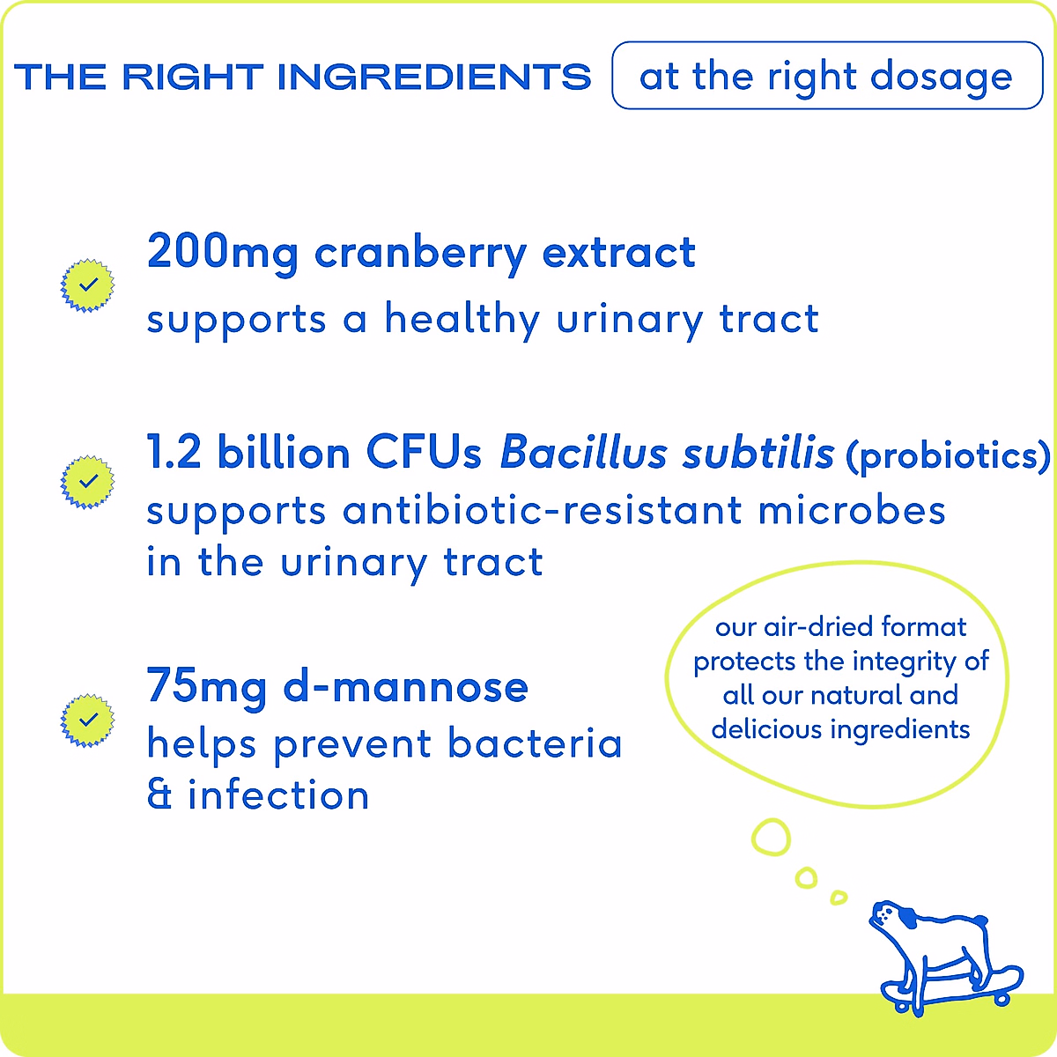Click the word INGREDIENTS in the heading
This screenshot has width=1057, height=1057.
[x=434, y=77]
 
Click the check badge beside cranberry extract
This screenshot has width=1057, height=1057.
[x=87, y=285]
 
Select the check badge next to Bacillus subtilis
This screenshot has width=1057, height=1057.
[x=87, y=482]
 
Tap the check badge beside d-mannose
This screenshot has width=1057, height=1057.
[x=87, y=721]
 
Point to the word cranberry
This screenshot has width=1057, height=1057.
[x=421, y=255]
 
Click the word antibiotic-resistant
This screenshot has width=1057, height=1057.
[x=543, y=511]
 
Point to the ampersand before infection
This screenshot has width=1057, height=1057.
[x=159, y=795]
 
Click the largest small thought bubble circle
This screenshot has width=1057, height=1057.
[x=771, y=837]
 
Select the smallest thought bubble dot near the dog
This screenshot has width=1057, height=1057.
[x=839, y=898]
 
